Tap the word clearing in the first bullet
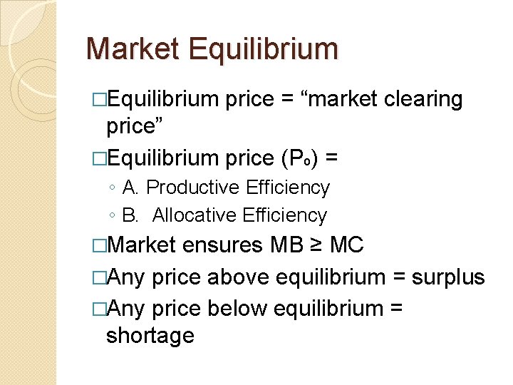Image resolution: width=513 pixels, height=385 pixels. (x=423, y=99)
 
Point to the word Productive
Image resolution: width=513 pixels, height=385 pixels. (x=192, y=188)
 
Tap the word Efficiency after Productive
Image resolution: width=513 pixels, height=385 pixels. (x=287, y=188)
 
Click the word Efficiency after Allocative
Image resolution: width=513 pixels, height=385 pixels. (x=284, y=215)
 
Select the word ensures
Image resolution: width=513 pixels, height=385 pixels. (x=223, y=245)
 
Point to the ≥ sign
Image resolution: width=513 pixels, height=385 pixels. (x=319, y=246)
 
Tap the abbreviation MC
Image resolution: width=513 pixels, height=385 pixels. (x=348, y=245)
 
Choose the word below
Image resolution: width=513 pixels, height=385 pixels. (x=237, y=308)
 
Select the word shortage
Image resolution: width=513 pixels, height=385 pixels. (x=150, y=335)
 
